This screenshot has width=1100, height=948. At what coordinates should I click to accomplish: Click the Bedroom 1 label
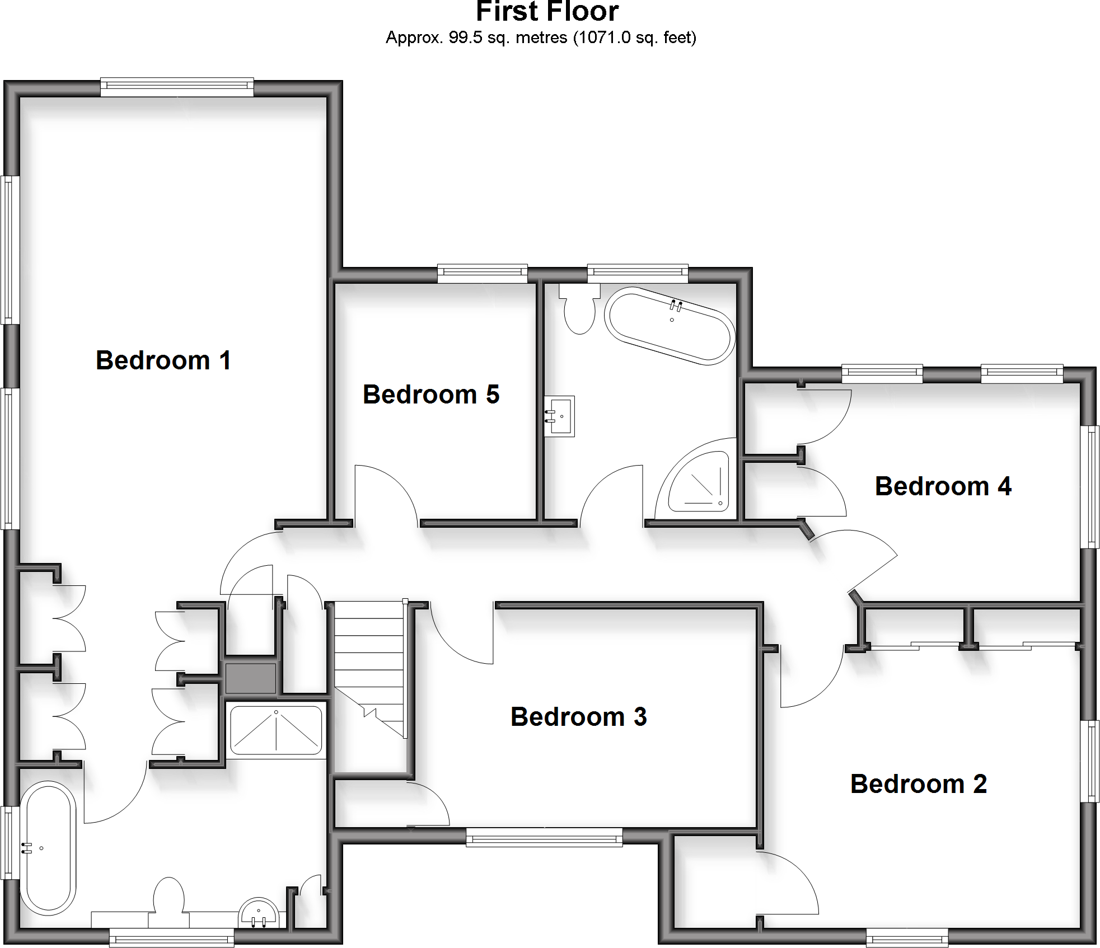pyautogui.click(x=163, y=360)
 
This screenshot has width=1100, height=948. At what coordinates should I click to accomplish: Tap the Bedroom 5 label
pyautogui.click(x=430, y=395)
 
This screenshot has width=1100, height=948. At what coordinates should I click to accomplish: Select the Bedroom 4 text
pyautogui.click(x=943, y=486)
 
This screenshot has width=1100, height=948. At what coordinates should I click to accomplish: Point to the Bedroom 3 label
pyautogui.click(x=578, y=717)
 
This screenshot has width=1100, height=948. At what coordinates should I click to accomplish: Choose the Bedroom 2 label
pyautogui.click(x=918, y=784)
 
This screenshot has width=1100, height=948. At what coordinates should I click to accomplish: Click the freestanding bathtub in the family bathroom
pyautogui.click(x=670, y=326)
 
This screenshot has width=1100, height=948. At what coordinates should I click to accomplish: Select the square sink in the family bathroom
pyautogui.click(x=559, y=416)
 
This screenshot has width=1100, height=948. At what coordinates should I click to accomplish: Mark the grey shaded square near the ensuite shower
pyautogui.click(x=250, y=678)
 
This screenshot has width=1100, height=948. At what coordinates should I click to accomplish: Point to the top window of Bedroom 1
pyautogui.click(x=177, y=86)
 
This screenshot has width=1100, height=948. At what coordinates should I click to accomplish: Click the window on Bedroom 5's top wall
pyautogui.click(x=482, y=273)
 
